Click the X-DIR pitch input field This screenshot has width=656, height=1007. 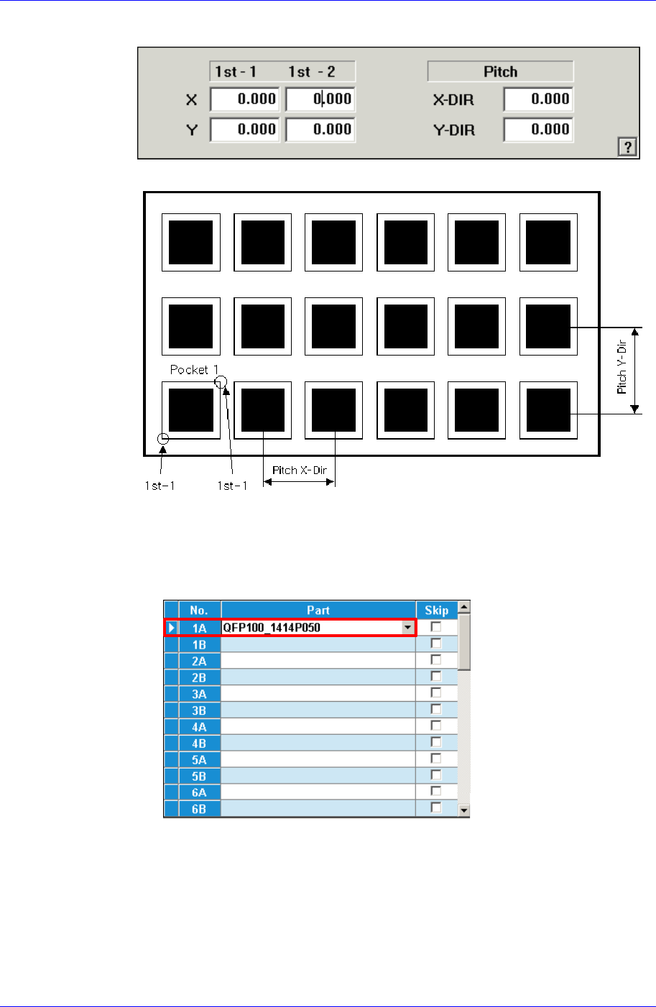point(537,100)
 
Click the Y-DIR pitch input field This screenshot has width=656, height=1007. point(537,130)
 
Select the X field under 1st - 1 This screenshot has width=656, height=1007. point(244,100)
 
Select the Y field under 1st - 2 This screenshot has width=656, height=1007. point(320,130)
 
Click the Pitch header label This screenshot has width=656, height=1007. point(500,72)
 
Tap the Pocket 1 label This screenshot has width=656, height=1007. point(194,369)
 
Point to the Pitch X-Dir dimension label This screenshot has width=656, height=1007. point(300,470)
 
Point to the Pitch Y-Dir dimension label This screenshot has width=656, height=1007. point(622,368)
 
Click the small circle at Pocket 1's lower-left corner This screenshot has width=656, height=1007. point(163,438)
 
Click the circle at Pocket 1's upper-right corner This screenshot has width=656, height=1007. point(221,381)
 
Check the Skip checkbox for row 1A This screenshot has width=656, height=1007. point(436,627)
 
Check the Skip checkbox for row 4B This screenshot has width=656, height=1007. point(436,743)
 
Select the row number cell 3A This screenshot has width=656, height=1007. point(199,694)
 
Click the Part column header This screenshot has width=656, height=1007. point(318,611)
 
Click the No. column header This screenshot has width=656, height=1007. point(199,611)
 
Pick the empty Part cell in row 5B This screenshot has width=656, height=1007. point(318,776)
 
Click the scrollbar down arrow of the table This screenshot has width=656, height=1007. point(464,810)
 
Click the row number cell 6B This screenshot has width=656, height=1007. point(199,809)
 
